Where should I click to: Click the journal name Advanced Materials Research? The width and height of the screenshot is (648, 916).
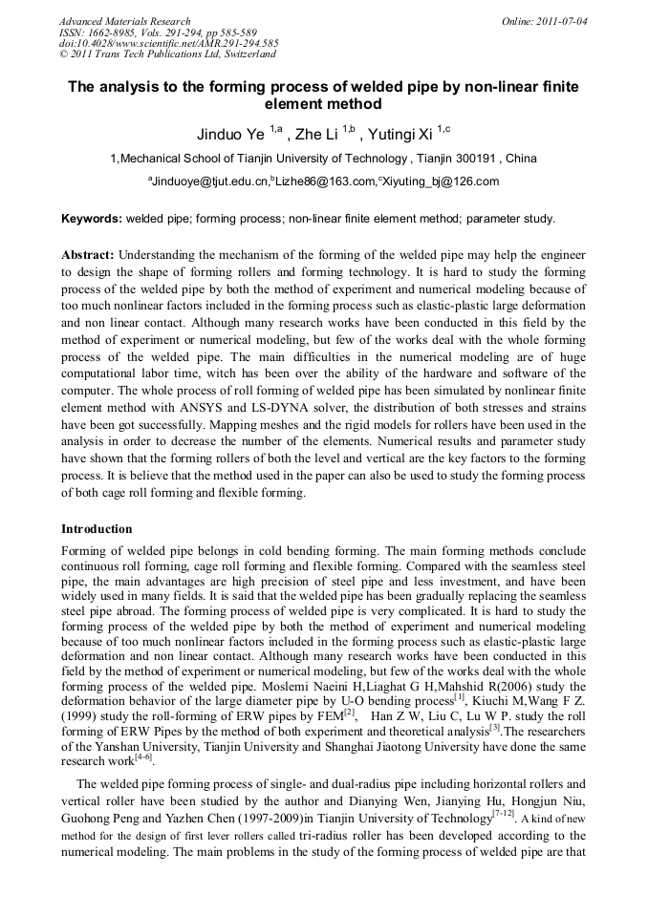[x=124, y=21]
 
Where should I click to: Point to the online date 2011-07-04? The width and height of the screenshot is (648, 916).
[x=558, y=21]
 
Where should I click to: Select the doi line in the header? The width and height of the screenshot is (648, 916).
[x=168, y=43]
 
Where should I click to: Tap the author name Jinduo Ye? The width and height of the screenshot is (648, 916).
[x=231, y=133]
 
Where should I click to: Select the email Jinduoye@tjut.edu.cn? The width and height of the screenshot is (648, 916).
[x=209, y=181]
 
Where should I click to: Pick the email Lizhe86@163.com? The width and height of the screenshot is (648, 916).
[x=324, y=181]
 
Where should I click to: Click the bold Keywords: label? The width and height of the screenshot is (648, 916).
[x=92, y=219]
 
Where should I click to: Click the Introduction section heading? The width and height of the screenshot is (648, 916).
[x=97, y=528]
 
